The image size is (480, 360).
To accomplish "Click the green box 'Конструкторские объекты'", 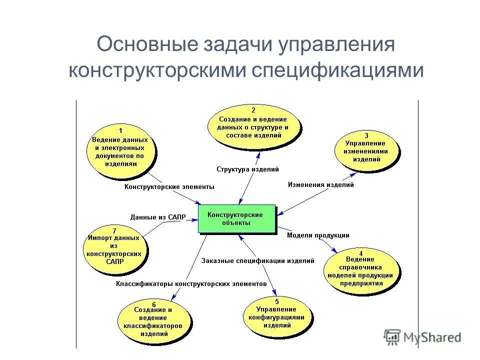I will pyautogui.click(x=237, y=218).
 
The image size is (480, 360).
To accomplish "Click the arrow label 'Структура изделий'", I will pyautogui.click(x=247, y=169).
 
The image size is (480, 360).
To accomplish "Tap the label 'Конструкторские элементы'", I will pyautogui.click(x=169, y=186).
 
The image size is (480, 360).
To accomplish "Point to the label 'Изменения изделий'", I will pyautogui.click(x=320, y=184).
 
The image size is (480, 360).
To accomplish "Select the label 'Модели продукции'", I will pyautogui.click(x=318, y=235).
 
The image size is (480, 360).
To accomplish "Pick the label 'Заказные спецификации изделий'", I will pyautogui.click(x=257, y=260).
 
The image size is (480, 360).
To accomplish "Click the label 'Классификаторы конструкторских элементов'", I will pyautogui.click(x=191, y=283).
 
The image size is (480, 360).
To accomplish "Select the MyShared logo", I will pyautogui.click(x=422, y=337).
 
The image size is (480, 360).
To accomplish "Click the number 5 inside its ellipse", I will pyautogui.click(x=276, y=301).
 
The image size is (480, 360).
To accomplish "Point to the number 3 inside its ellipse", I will pyautogui.click(x=366, y=135).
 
